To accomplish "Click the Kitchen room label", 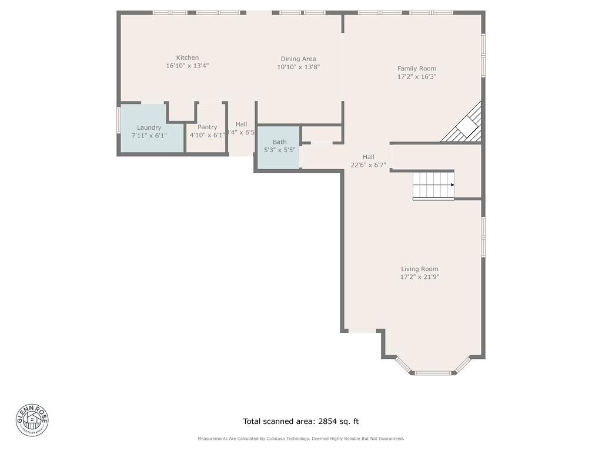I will (188, 58).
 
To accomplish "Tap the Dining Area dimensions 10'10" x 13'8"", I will (298, 68).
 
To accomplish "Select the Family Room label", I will (416, 69).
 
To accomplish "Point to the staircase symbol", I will (433, 185).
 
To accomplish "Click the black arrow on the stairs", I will (452, 185).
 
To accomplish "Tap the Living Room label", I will (419, 269).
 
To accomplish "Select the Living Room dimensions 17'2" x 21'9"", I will (419, 277).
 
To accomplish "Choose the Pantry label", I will (207, 127).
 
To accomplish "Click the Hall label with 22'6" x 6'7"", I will (368, 157).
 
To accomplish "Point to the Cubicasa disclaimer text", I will (300, 439).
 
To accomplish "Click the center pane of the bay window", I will (433, 372).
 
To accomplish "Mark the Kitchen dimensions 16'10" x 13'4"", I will (188, 66).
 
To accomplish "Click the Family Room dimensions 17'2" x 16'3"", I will (416, 77).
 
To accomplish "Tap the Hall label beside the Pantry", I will (241, 124).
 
